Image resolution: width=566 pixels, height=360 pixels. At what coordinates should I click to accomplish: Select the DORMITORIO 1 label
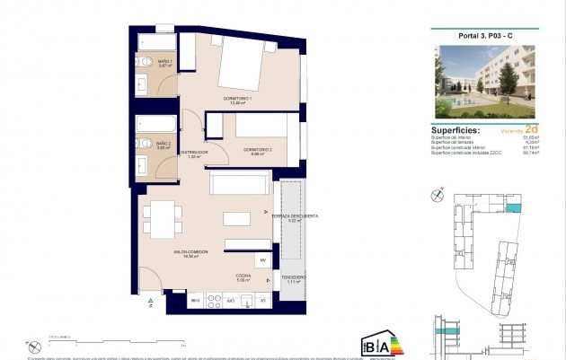point(237,100)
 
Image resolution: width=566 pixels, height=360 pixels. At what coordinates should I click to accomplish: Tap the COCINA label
point(243,277)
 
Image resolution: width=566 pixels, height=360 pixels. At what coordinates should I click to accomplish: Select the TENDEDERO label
point(293,277)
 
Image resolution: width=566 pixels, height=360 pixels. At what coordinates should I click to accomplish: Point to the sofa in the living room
point(238,184)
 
